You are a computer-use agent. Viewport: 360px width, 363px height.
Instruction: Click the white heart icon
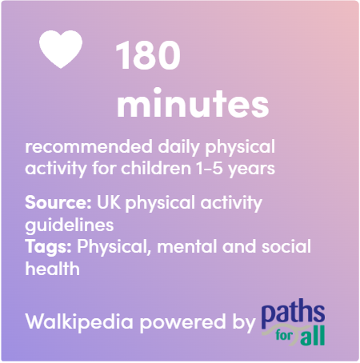point(61,49)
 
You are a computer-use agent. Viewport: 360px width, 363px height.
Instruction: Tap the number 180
point(148,55)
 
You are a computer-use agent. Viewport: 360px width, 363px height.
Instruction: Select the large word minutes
point(193,103)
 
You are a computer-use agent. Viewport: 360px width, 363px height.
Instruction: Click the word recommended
point(89,146)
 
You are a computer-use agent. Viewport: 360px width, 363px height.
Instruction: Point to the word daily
point(178,147)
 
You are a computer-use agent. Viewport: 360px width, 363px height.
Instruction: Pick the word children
point(156,168)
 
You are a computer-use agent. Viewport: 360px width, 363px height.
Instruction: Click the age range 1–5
point(210,169)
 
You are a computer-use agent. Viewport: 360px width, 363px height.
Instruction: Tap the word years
point(251,170)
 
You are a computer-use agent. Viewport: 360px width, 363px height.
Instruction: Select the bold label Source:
point(58,202)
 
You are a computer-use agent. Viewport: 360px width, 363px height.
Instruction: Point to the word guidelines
point(70,225)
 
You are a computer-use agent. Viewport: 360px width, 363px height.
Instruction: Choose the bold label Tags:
point(48,247)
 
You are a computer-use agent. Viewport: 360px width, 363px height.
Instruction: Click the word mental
point(187,246)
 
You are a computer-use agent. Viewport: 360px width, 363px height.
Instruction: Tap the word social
point(286,246)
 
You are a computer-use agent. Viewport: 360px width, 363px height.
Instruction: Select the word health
point(52,269)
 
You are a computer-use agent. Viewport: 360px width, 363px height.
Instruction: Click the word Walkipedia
point(79,322)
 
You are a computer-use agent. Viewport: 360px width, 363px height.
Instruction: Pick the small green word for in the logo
point(284,335)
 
